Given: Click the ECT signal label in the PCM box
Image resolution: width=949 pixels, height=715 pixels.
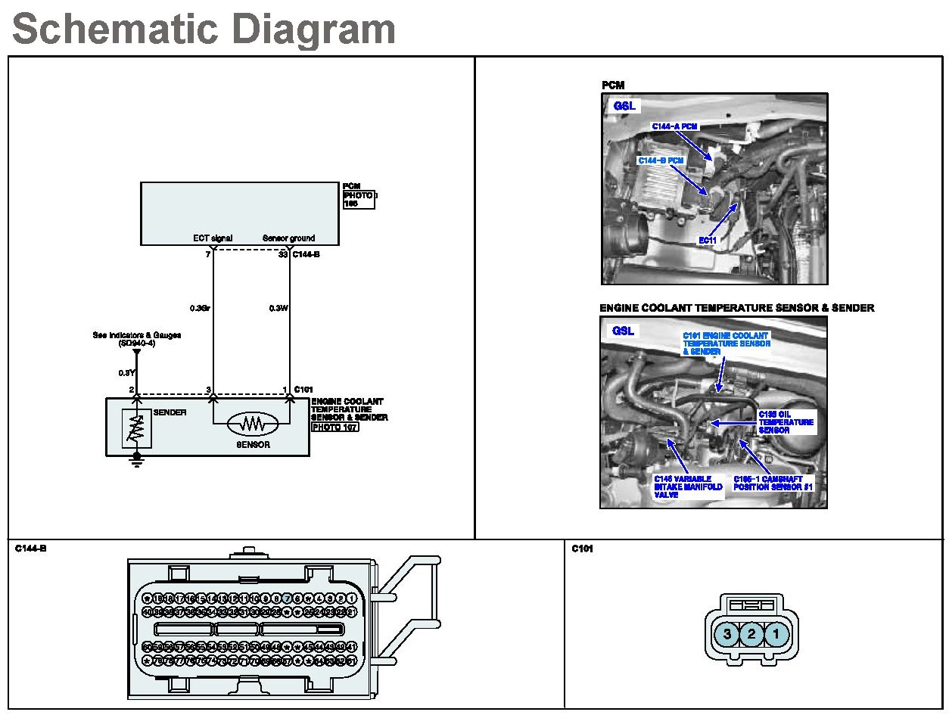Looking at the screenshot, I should tap(213, 238).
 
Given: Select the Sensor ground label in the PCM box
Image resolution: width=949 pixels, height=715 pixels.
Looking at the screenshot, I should tap(288, 238).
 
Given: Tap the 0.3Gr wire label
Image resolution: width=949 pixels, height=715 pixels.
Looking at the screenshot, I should tap(200, 308).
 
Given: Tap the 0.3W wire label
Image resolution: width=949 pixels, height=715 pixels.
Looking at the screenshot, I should tap(277, 308).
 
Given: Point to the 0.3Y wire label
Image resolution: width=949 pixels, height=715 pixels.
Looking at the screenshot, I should tap(126, 372).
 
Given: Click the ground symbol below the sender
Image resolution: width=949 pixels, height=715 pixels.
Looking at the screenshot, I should tap(137, 460).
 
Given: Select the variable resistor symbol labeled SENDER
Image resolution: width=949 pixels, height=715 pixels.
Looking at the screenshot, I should tap(137, 431).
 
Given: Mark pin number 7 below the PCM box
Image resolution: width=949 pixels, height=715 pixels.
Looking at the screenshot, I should tap(207, 254).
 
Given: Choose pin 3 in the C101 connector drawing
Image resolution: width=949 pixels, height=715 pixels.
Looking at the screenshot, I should tap(727, 634).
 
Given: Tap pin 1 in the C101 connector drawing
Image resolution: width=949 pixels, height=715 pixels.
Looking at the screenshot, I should tap(776, 634).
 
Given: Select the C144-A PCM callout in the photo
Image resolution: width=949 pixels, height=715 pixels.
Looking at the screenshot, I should tap(674, 126).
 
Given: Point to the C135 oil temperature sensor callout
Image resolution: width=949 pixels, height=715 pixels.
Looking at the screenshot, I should tap(786, 422).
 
